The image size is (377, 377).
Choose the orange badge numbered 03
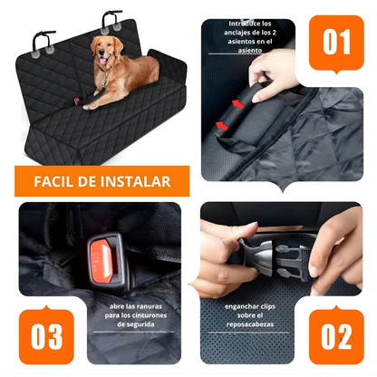(45, 335)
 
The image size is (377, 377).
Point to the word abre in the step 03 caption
(115, 305)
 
